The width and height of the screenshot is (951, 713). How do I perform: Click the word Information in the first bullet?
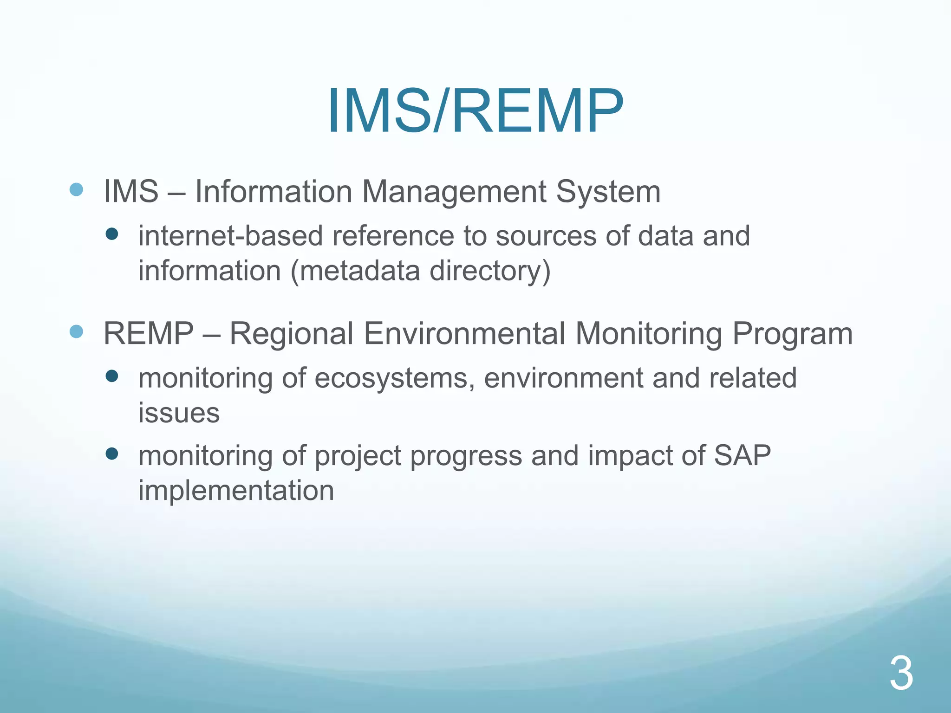[274, 191]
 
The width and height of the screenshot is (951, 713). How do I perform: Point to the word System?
[608, 191]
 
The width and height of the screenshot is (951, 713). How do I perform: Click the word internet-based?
[230, 236]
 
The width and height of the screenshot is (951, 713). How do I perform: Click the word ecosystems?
[395, 378]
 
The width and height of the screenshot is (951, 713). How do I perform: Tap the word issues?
[179, 413]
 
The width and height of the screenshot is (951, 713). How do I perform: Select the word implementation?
[236, 490]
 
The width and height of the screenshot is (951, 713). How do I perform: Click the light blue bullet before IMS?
[76, 189]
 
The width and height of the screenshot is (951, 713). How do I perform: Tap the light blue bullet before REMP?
[76, 331]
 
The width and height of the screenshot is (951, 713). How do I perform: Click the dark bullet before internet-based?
[112, 233]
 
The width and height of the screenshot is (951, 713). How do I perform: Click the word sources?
[546, 236]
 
